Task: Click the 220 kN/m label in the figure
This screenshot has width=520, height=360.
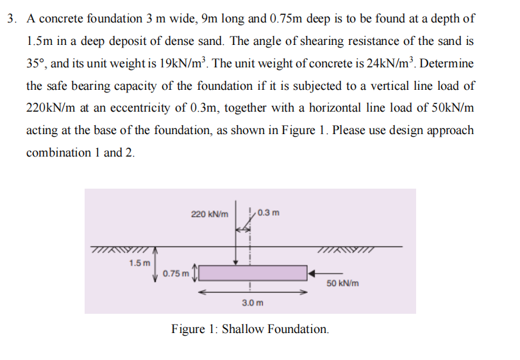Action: tap(209, 213)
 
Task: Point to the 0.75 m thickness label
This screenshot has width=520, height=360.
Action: tap(176, 273)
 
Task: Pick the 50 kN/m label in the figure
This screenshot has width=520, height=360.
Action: tap(342, 283)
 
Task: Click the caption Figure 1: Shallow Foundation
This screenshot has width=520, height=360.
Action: tap(250, 329)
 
